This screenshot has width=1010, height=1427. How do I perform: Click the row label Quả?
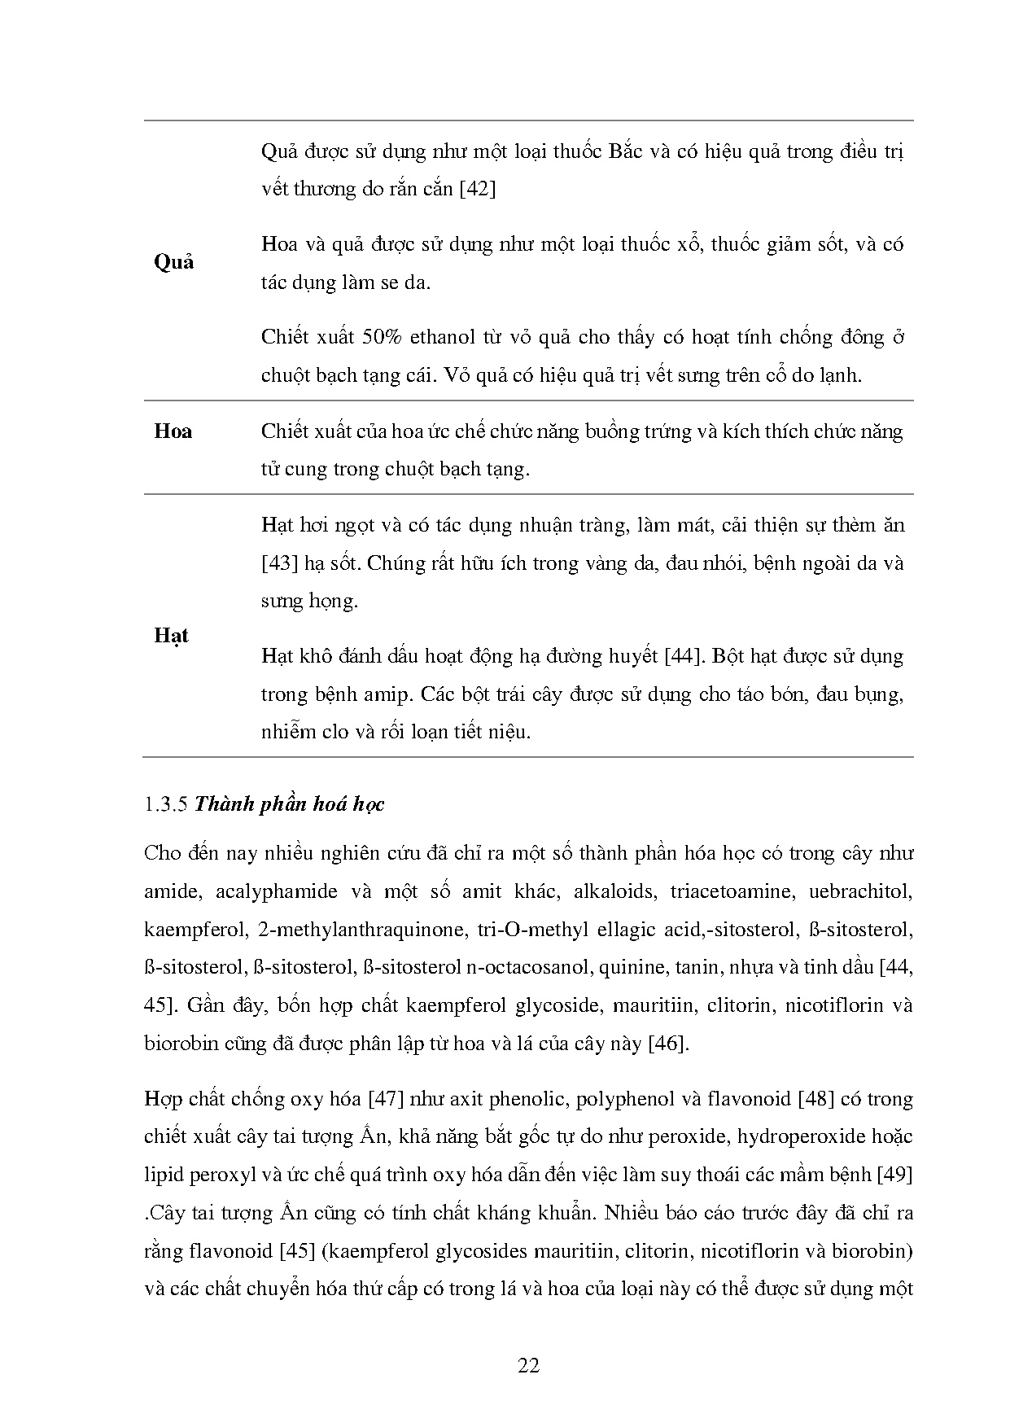pos(173,262)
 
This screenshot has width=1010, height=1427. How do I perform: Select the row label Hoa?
pos(173,431)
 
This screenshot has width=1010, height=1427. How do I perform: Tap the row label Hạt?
pos(171,636)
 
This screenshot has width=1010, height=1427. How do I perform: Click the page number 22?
pos(529,1365)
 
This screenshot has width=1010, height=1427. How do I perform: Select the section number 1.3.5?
pos(166,804)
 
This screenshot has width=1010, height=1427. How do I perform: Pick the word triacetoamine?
pos(729,891)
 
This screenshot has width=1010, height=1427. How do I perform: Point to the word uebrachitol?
pos(860,891)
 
